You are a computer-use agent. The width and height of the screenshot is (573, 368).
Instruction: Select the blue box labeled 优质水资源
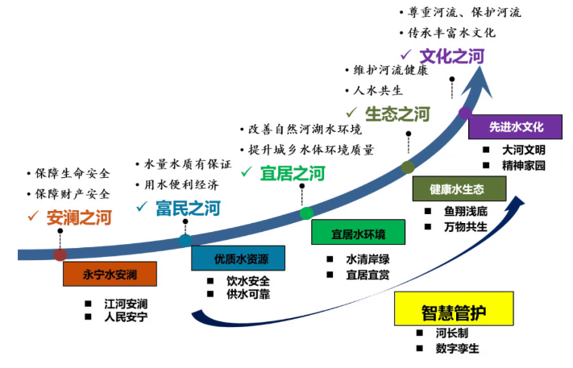point(237,258)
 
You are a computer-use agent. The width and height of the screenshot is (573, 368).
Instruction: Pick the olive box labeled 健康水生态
point(458,189)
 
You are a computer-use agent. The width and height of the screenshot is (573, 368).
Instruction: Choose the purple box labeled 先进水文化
point(517,127)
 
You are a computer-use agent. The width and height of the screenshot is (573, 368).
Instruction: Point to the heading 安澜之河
point(79,217)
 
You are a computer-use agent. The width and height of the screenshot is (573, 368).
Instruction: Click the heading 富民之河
point(188,209)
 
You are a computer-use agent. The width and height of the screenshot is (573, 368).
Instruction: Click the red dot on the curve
point(60,254)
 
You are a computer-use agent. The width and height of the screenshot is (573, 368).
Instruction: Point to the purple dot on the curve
point(465,113)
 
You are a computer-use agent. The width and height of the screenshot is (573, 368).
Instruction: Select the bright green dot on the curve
point(306,213)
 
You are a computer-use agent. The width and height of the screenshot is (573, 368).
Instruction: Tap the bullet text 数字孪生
point(458,349)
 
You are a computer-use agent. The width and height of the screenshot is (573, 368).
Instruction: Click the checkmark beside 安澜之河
point(33,216)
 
